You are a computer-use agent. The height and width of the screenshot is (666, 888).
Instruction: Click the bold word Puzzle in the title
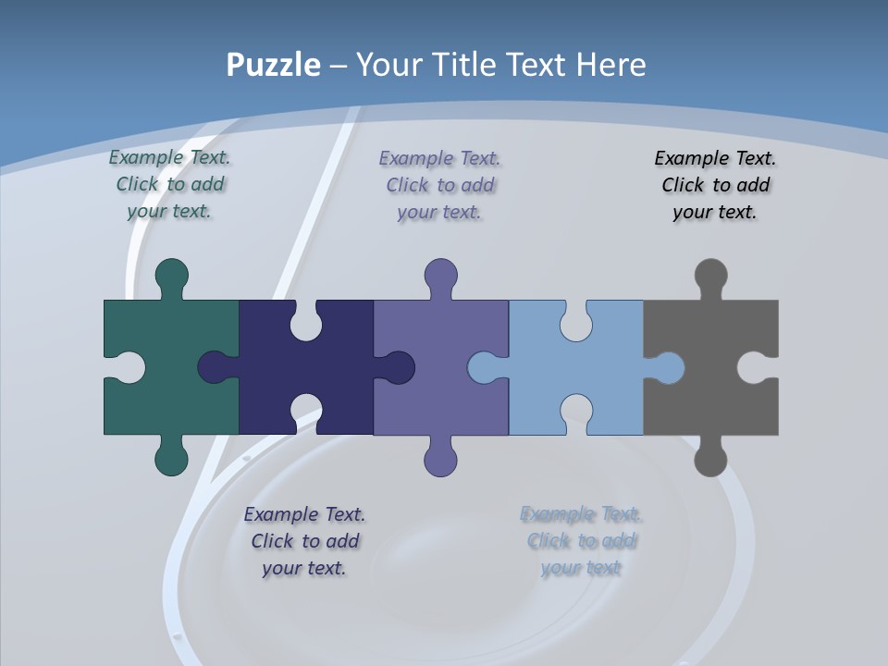point(274,65)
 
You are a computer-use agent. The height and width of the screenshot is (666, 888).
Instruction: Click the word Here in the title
point(610,65)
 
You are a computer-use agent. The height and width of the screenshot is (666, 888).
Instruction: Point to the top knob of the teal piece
point(171,276)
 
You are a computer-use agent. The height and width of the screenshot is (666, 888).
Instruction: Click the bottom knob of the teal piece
point(171,458)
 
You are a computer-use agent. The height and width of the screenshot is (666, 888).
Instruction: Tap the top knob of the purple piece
point(440,276)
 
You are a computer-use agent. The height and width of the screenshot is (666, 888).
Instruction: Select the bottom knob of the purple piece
point(440,458)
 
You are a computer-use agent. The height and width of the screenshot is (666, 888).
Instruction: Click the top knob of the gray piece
point(710,276)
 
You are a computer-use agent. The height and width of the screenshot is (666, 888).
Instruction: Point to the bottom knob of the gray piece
point(710,458)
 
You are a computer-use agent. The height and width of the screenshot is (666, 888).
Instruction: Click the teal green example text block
point(169,184)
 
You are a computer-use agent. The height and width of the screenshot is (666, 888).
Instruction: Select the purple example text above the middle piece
point(440,185)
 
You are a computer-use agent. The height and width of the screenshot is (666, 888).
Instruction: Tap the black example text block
point(715,185)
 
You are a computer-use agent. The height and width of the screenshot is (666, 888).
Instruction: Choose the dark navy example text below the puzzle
point(304,541)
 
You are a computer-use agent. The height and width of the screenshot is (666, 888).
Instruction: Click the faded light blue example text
point(581,541)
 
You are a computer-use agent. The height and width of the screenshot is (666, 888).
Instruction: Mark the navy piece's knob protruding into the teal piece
point(215,367)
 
